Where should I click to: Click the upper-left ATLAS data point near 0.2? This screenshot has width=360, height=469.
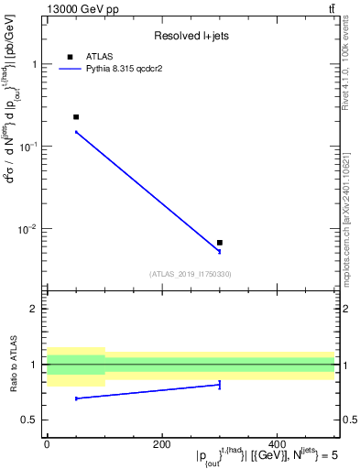tap(76, 117)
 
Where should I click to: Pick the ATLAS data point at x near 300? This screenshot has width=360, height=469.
tap(220, 243)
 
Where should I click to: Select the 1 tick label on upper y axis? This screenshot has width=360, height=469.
tap(35, 65)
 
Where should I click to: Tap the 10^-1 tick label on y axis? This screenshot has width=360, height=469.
tap(29, 146)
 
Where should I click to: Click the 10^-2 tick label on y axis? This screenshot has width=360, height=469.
tap(29, 228)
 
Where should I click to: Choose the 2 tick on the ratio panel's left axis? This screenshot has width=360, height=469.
tap(35, 309)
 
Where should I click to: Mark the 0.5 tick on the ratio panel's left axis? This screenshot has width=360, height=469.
tap(31, 420)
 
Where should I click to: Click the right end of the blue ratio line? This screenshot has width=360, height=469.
tap(220, 385)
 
